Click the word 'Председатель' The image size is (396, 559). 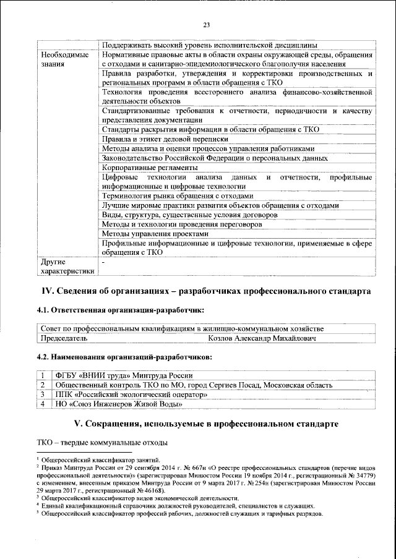click(64, 339)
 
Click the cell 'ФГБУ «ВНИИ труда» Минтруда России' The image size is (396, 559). click(124, 375)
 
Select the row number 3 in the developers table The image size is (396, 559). click(42, 394)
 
